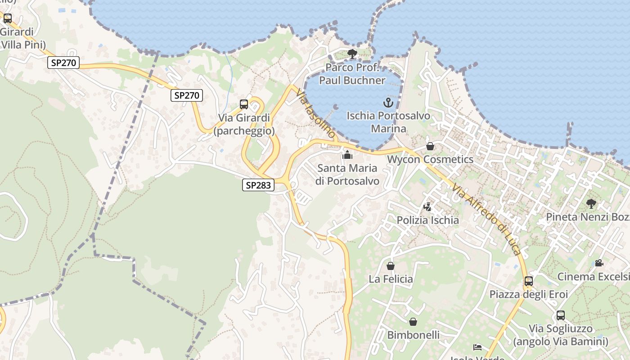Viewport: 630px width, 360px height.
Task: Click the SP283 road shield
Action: tap(258, 184)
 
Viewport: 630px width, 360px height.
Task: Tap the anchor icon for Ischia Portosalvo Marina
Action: tap(388, 103)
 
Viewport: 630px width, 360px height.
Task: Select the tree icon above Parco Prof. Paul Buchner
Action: tap(352, 54)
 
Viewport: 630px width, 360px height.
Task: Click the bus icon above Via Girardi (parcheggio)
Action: tap(244, 104)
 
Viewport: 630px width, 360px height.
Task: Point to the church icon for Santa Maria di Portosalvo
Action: tap(347, 155)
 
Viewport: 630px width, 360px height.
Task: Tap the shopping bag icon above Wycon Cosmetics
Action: tap(430, 146)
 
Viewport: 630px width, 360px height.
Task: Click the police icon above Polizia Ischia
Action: tap(427, 207)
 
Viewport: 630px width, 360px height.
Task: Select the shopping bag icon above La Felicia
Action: tap(391, 266)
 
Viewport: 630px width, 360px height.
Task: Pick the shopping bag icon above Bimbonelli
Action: tap(413, 322)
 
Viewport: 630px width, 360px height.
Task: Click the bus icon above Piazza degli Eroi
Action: tap(529, 281)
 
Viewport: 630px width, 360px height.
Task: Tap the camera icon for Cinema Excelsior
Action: tap(599, 263)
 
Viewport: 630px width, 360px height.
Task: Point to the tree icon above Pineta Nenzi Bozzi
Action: tap(591, 204)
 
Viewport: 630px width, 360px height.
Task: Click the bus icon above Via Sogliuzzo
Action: tap(561, 315)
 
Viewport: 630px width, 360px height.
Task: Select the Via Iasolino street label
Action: tap(316, 113)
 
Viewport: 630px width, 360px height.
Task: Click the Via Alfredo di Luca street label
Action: tap(487, 219)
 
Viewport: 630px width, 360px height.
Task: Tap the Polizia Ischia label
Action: tap(427, 220)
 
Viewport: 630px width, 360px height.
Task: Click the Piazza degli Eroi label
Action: tap(529, 294)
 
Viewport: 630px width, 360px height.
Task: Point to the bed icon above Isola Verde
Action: tap(477, 347)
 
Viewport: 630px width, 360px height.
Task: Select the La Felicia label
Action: tap(391, 279)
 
